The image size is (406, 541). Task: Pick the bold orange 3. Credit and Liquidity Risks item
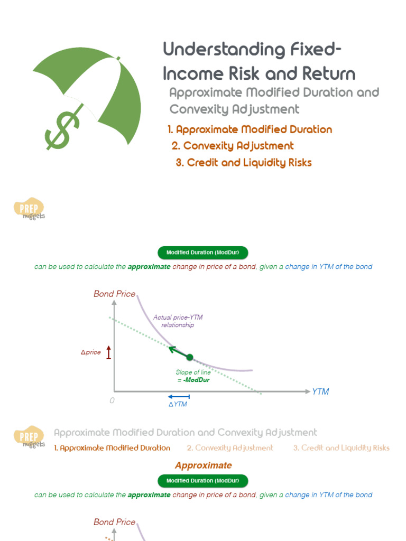coord(244,163)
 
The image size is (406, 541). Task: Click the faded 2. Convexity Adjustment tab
coord(230,448)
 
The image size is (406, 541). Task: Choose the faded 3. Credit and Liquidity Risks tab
coord(342,448)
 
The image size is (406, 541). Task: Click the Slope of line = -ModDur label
coord(190,376)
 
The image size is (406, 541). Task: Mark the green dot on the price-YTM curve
coord(190,358)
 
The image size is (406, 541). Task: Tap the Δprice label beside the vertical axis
coord(90,352)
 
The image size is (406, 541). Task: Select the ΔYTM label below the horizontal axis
coord(178,404)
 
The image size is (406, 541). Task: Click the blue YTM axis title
coord(320,391)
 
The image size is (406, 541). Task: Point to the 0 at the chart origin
coord(112,400)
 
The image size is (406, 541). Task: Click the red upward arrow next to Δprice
coord(109,352)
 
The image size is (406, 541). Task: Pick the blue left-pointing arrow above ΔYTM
coord(178,396)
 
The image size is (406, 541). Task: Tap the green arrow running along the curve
coord(177,351)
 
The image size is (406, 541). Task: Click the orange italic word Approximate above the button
coord(203,465)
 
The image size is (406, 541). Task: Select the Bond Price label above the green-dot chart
coord(114,294)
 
